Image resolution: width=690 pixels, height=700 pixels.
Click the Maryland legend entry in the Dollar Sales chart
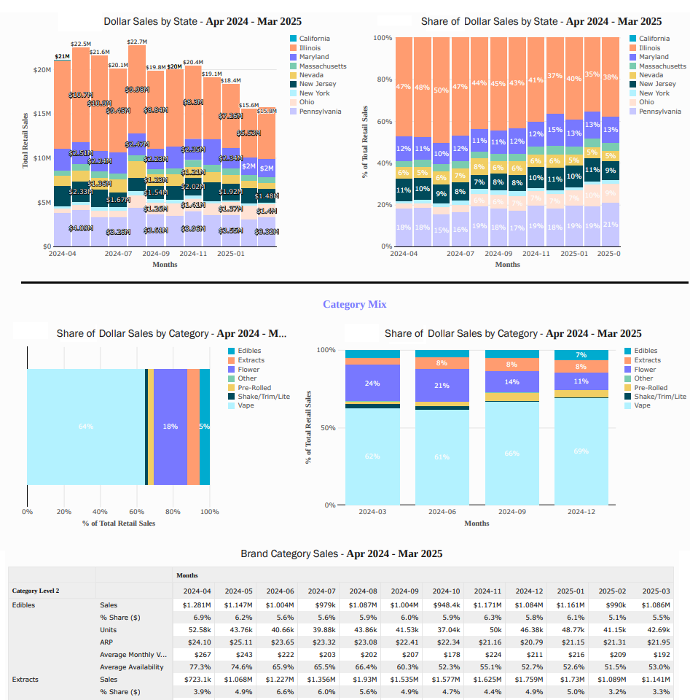(x=314, y=57)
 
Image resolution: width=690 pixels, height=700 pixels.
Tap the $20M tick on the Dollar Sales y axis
(x=42, y=70)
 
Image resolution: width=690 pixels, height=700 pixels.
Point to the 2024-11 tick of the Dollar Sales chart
(x=193, y=254)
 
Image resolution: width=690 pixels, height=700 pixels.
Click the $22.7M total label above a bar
(x=137, y=42)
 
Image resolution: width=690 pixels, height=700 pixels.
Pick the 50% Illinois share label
(x=442, y=90)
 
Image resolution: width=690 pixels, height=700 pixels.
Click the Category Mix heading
(x=354, y=304)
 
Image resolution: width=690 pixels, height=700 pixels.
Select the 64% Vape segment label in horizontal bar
(x=86, y=427)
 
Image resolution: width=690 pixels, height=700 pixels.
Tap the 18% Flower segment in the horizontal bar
(x=170, y=427)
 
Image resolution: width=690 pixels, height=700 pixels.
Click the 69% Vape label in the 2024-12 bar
(x=581, y=451)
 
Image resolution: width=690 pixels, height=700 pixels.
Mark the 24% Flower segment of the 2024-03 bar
(x=372, y=383)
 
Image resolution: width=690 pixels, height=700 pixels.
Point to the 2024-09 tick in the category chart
(x=512, y=512)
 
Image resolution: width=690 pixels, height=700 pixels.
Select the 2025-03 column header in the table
(x=654, y=591)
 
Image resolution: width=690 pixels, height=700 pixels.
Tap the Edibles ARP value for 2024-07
(x=321, y=642)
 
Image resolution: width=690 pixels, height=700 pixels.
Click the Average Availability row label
(x=132, y=667)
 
